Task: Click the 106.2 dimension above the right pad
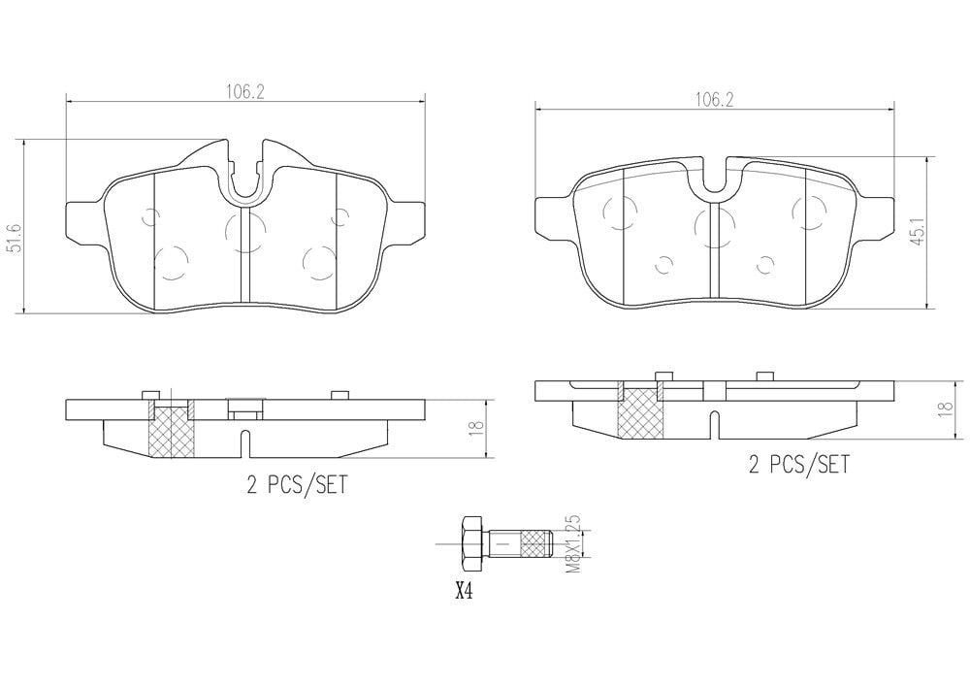coord(713,99)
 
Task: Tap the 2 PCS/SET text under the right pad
coord(797,466)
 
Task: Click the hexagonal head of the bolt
coord(470,543)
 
